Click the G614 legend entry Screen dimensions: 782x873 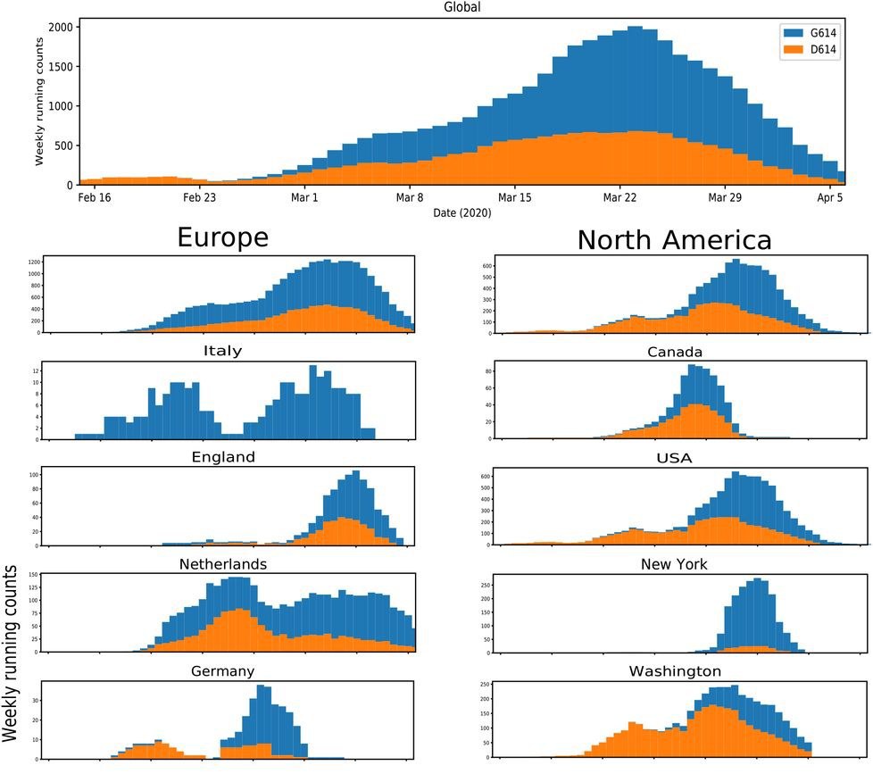pos(822,33)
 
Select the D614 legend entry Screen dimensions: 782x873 pos(822,51)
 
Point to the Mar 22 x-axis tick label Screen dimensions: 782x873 pos(619,197)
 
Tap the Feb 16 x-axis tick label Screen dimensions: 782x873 pos(95,197)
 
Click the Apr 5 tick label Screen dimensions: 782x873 pos(830,197)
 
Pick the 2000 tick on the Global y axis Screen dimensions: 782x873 pos(58,28)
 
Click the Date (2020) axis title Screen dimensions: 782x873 pos(461,212)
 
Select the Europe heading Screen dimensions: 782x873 pos(222,238)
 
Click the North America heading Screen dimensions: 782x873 pos(674,240)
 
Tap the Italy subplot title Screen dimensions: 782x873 pos(222,351)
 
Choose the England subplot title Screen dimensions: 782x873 pos(222,457)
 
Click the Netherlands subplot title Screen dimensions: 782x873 pos(222,564)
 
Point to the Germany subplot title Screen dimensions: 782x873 pos(222,671)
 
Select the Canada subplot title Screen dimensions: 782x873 pos(674,352)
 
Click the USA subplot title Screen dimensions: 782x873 pos(674,458)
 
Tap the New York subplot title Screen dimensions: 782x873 pos(674,564)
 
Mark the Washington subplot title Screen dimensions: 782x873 pos(674,671)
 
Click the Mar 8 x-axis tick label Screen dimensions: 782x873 pos(410,197)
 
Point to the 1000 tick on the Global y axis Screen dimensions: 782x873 pos(58,106)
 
